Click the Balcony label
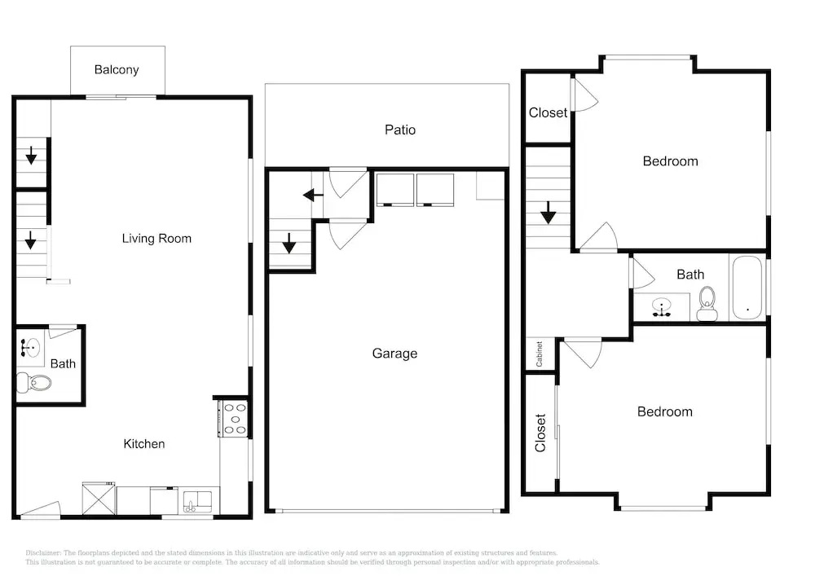[x=117, y=70]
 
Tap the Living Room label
[x=156, y=239]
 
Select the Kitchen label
[x=144, y=443]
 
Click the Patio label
[x=399, y=130]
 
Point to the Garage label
[x=394, y=354]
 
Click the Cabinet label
[x=540, y=354]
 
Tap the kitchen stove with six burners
[x=233, y=419]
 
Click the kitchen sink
[x=198, y=501]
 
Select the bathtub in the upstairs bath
[x=747, y=288]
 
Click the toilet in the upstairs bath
[x=707, y=304]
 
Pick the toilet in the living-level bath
[x=34, y=383]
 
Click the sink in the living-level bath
[x=30, y=346]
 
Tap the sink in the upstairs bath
[x=661, y=306]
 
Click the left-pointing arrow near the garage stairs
[x=313, y=196]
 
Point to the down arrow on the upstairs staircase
[x=548, y=212]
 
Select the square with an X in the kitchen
[x=99, y=499]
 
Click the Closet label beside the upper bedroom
[x=548, y=112]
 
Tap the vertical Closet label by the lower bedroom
[x=540, y=433]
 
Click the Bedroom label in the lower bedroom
[x=665, y=412]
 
